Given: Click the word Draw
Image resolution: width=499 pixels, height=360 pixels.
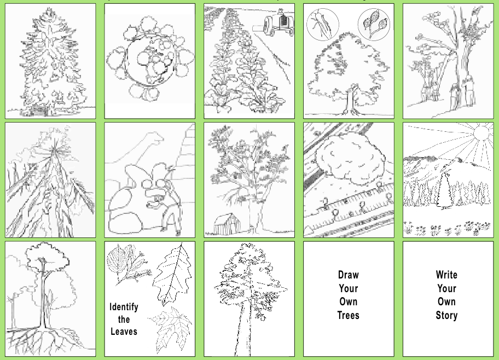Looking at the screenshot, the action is pos(349,275).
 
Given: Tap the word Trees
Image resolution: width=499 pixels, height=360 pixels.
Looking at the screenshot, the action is pos(349,315).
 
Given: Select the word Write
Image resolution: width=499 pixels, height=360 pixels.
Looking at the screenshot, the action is pos(446,274).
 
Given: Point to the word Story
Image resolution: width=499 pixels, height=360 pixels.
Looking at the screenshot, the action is pos(446,315).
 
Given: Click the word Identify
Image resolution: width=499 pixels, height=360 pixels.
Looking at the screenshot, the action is pos(124,307).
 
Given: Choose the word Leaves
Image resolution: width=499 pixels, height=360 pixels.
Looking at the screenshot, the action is pos(124,332).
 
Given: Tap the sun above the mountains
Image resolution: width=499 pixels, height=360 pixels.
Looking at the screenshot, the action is pos(481,132).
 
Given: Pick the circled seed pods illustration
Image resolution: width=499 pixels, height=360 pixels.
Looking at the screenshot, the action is pos(374,24).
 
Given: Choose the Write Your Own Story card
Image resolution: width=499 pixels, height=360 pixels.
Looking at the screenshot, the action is pos(448,299).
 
